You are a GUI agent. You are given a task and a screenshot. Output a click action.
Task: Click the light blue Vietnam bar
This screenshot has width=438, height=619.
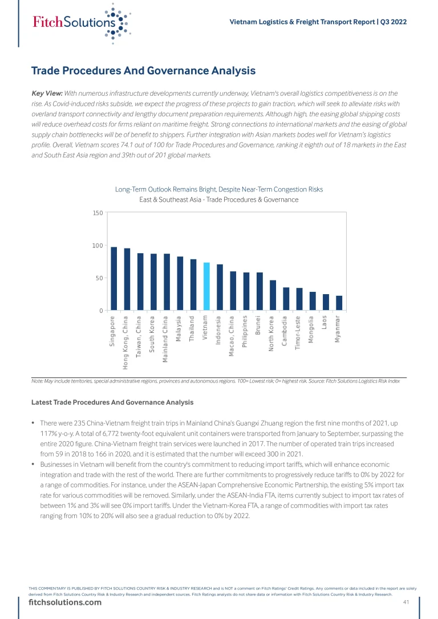point(206,287)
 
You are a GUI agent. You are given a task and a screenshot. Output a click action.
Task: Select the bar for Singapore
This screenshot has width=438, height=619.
point(113,279)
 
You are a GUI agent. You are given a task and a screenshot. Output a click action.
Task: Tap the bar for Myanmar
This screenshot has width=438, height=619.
point(339,303)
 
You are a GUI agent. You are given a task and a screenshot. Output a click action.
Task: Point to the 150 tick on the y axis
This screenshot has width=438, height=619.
point(98,213)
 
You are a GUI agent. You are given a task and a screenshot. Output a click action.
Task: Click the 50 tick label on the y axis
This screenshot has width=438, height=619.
point(99,278)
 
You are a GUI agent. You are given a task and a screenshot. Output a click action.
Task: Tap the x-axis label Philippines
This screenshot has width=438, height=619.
point(245,331)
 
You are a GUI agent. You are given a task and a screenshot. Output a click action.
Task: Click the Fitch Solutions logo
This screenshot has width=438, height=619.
point(80,23)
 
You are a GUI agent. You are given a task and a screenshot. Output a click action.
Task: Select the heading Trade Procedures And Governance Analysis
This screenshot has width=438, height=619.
point(143,71)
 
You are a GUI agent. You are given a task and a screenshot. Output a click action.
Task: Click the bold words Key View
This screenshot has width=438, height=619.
point(47,93)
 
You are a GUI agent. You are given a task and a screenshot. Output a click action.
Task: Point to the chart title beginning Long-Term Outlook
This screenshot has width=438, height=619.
point(219,189)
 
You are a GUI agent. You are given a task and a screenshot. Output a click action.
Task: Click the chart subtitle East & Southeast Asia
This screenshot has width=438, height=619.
point(219,199)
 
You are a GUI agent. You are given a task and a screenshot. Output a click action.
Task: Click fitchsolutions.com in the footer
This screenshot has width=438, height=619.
point(66,603)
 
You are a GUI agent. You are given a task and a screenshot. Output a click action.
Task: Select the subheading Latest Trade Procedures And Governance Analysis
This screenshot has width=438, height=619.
point(112,402)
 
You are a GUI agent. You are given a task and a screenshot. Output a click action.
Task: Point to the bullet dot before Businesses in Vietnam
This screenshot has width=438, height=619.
point(34,465)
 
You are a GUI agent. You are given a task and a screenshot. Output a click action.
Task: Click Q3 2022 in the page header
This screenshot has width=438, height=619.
point(394,22)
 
